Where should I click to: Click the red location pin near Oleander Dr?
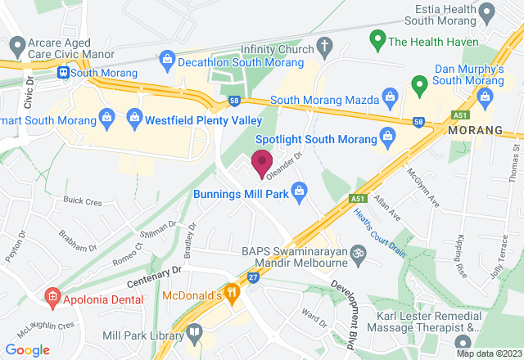[262, 162]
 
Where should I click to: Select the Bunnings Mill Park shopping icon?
[300, 191]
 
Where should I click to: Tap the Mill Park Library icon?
[194, 332]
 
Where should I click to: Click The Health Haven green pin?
[378, 38]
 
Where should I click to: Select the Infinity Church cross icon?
[323, 45]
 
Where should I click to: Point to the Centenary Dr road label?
[153, 271]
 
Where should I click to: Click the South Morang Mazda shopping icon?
[391, 98]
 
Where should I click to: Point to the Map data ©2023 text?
[488, 353]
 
